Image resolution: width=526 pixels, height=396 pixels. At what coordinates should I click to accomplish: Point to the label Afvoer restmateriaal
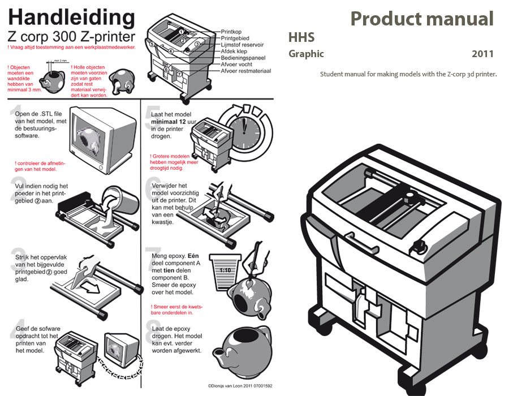pos(246,71)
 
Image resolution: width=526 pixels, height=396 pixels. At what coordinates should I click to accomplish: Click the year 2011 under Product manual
pos(482,54)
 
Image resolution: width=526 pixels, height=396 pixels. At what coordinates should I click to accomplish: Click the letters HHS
pos(301,38)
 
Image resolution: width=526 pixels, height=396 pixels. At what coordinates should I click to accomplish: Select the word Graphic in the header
pos(306,54)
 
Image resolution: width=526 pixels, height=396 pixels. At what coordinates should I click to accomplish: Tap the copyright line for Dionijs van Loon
pos(240,386)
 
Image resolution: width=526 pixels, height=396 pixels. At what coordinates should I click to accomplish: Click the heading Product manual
pos(421,19)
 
